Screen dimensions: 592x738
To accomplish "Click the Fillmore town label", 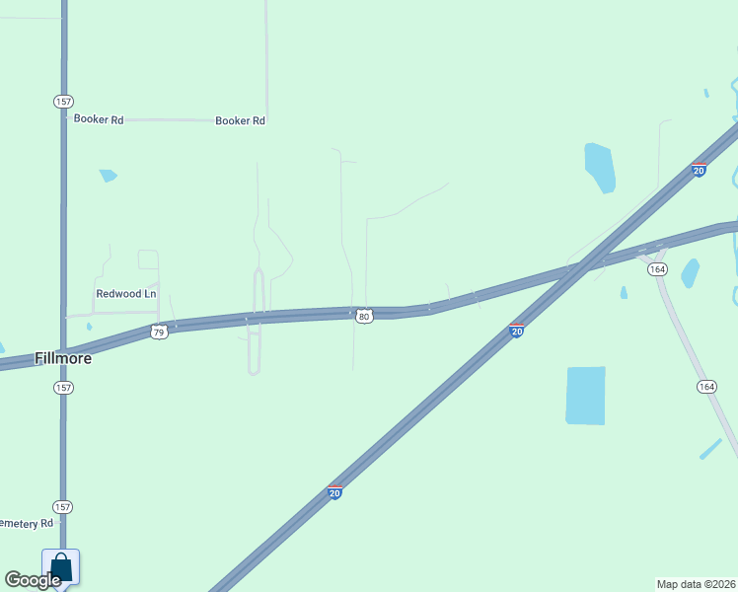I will click(x=63, y=358).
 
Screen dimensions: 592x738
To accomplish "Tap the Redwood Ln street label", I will click(x=126, y=294).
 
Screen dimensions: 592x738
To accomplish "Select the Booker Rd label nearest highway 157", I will click(x=99, y=119).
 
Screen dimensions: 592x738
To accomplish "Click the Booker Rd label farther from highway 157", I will click(x=241, y=120).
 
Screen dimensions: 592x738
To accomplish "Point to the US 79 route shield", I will click(x=160, y=333).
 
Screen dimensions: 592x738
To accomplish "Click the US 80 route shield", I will click(x=364, y=317).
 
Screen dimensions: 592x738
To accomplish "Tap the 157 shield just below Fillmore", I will click(x=63, y=388).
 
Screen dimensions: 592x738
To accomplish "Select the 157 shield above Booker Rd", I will click(x=63, y=102).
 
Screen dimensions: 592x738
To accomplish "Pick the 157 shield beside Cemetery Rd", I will click(x=63, y=506).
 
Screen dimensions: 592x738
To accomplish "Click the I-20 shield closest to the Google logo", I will click(x=335, y=492).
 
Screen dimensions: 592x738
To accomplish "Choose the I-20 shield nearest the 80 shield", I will click(x=516, y=332).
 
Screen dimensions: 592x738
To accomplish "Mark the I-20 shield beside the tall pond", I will click(x=699, y=170).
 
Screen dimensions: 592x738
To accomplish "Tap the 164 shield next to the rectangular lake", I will click(x=705, y=387).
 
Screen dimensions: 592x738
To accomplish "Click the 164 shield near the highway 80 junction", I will click(x=658, y=269).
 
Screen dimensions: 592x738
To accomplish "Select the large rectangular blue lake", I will click(x=586, y=396).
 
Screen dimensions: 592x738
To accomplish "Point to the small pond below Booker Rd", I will click(x=108, y=176).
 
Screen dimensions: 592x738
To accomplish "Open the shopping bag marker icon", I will click(x=60, y=567).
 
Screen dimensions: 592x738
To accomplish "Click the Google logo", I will click(x=32, y=580).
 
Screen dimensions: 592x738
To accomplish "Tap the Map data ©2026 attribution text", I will click(x=697, y=584).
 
